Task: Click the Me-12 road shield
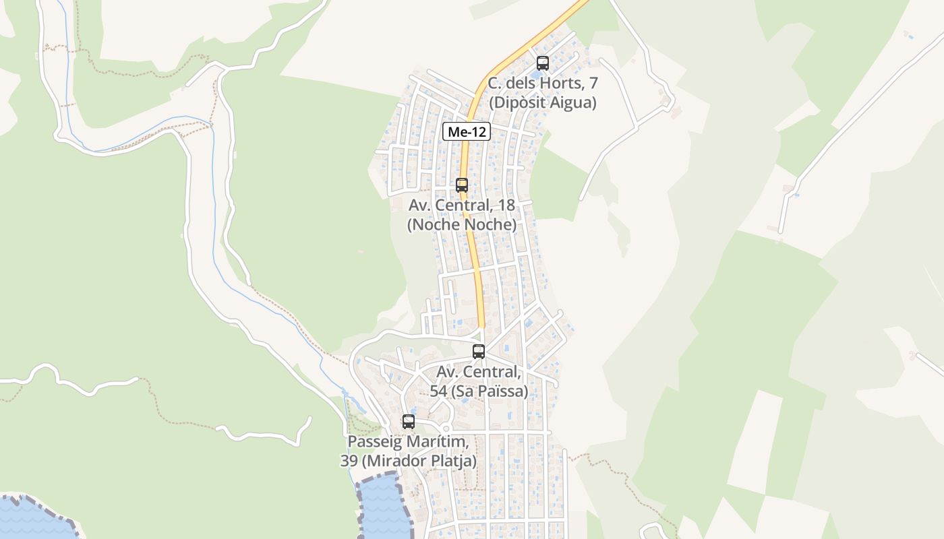point(466,132)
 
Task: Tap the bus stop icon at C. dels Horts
point(542,63)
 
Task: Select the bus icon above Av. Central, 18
point(462,185)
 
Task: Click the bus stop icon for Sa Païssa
point(479,351)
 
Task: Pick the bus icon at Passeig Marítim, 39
point(409,422)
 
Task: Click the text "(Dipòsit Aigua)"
point(543,102)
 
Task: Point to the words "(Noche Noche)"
point(462,224)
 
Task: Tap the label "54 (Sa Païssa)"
point(479,391)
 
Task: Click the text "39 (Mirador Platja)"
point(408,462)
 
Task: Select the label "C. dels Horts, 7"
point(543,84)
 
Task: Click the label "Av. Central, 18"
point(462,205)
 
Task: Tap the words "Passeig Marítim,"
point(408,442)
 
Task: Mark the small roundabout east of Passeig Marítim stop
point(445,428)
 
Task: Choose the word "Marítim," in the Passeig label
point(438,442)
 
